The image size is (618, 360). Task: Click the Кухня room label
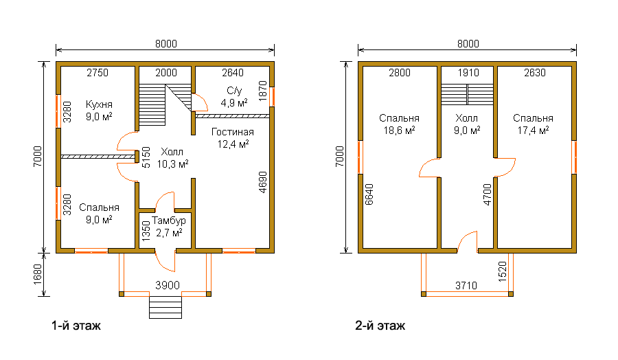pyautogui.click(x=99, y=104)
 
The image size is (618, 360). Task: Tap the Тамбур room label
pyautogui.click(x=169, y=221)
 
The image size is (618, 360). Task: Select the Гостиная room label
pyautogui.click(x=233, y=132)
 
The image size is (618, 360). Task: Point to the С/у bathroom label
pyautogui.click(x=234, y=91)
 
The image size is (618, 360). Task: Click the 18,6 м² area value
pyautogui.click(x=399, y=131)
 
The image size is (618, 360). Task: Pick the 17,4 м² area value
pyautogui.click(x=533, y=131)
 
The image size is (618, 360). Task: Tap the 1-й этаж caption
pyautogui.click(x=76, y=326)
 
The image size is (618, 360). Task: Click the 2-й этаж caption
pyautogui.click(x=380, y=326)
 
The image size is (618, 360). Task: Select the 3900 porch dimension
pyautogui.click(x=168, y=285)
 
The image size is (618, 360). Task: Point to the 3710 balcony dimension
pyautogui.click(x=466, y=285)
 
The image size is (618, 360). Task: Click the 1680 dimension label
pyautogui.click(x=38, y=274)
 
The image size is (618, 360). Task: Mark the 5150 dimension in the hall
pyautogui.click(x=146, y=158)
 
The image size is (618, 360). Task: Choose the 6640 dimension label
pyautogui.click(x=369, y=194)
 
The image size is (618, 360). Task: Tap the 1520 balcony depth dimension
pyautogui.click(x=503, y=271)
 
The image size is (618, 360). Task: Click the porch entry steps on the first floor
pyautogui.click(x=165, y=307)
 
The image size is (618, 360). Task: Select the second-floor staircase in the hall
pyautogui.click(x=467, y=94)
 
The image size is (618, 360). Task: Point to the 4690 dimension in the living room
pyautogui.click(x=263, y=182)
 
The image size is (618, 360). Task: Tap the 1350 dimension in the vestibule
pyautogui.click(x=146, y=231)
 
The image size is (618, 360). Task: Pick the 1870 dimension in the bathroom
pyautogui.click(x=263, y=91)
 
